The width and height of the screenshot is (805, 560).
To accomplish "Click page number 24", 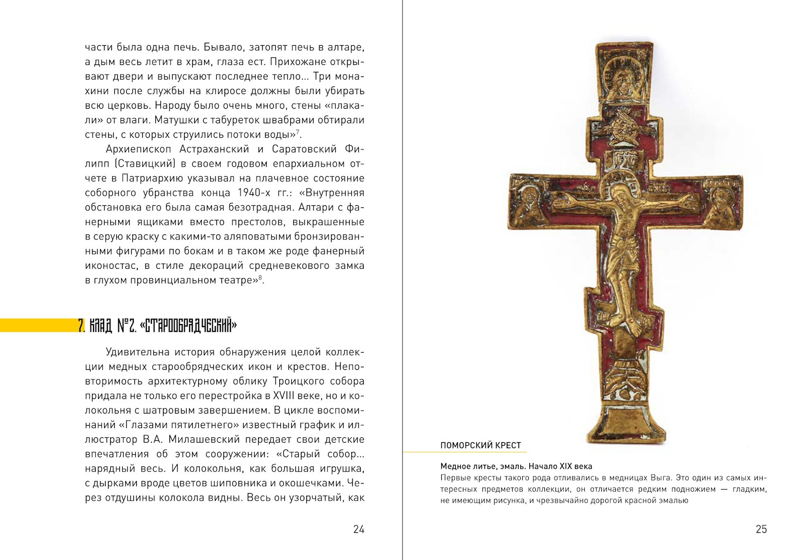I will (x=358, y=529).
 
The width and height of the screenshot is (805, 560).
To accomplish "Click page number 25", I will (x=761, y=529).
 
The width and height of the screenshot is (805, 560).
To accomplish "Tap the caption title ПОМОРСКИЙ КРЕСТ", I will (x=480, y=445).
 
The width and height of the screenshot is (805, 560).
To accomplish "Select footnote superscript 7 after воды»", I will (x=297, y=132).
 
